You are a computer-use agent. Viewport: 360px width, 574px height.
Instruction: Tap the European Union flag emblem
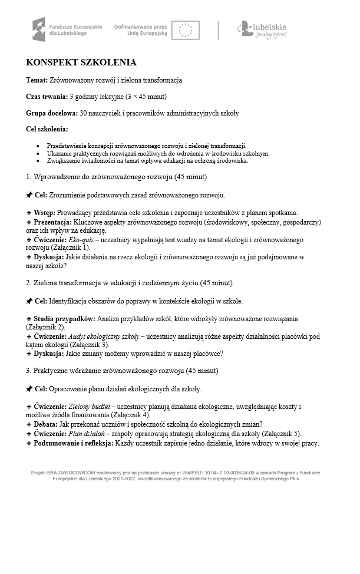pyautogui.click(x=186, y=29)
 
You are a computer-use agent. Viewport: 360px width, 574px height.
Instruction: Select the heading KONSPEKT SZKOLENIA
pyautogui.click(x=81, y=62)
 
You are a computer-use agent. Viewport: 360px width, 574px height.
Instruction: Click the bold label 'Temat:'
pyautogui.click(x=38, y=80)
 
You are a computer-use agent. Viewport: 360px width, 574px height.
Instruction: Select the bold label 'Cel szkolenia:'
pyautogui.click(x=47, y=129)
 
